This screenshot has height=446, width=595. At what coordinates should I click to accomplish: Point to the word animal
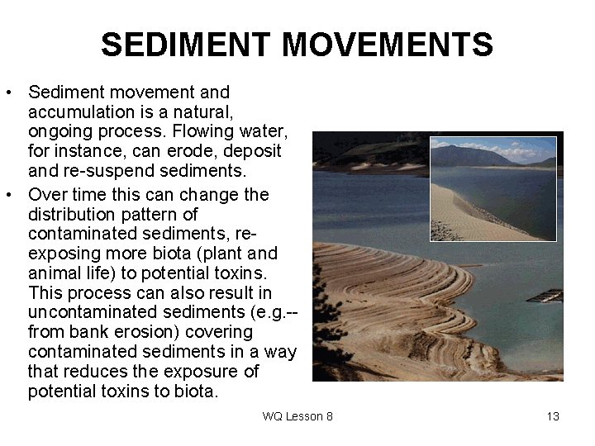point(52,273)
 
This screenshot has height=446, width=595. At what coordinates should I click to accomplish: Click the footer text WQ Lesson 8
point(297,416)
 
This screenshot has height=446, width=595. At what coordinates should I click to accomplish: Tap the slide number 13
point(553,416)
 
